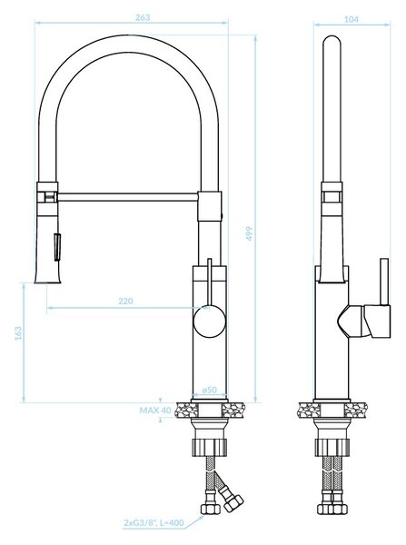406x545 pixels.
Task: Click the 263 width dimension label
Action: [x=143, y=17]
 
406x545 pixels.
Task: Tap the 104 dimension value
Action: [x=352, y=19]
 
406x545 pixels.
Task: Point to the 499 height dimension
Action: [x=250, y=234]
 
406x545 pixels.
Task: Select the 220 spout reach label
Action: [x=125, y=301]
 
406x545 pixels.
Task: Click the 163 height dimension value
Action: [x=18, y=333]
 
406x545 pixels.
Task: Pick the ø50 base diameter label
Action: [x=209, y=390]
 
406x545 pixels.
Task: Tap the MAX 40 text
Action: [x=155, y=411]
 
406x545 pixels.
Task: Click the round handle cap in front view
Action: [x=210, y=322]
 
